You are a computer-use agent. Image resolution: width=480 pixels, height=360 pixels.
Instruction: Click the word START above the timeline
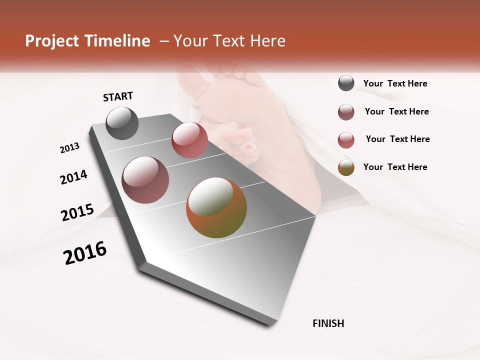pyautogui.click(x=118, y=96)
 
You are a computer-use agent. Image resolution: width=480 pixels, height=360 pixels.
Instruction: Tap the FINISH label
pyautogui.click(x=328, y=323)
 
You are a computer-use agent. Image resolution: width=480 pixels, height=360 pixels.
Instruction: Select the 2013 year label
pyautogui.click(x=69, y=148)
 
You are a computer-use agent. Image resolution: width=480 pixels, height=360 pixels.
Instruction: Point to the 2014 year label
pyautogui.click(x=73, y=177)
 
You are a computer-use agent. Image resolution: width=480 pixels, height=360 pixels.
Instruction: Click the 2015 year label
pyautogui.click(x=77, y=212)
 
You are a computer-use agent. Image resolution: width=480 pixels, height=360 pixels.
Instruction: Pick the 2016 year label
pyautogui.click(x=85, y=253)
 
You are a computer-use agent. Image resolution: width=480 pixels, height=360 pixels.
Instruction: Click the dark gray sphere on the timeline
pyautogui.click(x=122, y=123)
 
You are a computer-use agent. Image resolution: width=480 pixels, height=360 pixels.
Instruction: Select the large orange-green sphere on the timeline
pyautogui.click(x=216, y=207)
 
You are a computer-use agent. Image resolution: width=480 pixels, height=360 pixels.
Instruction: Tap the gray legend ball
pyautogui.click(x=346, y=83)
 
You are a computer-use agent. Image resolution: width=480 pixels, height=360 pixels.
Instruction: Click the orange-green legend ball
pyautogui.click(x=346, y=167)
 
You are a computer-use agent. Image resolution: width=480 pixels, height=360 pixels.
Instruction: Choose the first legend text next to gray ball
pyautogui.click(x=395, y=83)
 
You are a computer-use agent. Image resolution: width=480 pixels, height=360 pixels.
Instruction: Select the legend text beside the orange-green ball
pyautogui.click(x=395, y=167)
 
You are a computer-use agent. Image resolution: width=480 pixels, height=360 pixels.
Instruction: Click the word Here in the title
pyautogui.click(x=267, y=41)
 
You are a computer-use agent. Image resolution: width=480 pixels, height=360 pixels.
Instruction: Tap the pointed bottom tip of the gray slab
pyautogui.click(x=273, y=324)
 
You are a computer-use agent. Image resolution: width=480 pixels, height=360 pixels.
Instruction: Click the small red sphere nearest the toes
pyautogui.click(x=189, y=140)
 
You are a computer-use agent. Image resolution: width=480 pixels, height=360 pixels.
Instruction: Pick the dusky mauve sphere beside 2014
pyautogui.click(x=145, y=180)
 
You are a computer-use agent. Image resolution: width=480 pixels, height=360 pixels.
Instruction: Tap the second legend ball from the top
pyautogui.click(x=346, y=112)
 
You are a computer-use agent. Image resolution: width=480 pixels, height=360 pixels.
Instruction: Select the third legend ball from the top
pyautogui.click(x=346, y=140)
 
